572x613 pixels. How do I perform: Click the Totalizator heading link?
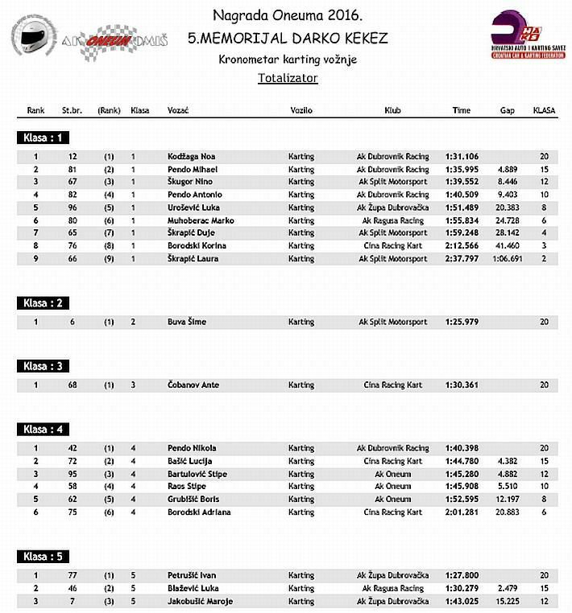(x=288, y=78)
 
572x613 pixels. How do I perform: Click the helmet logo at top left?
(x=33, y=37)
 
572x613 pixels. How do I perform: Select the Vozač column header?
(x=178, y=110)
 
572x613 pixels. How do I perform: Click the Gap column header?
(x=507, y=110)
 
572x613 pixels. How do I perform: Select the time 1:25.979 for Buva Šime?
(x=462, y=322)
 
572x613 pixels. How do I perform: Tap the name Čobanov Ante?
(x=193, y=385)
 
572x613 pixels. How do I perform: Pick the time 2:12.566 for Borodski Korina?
(x=462, y=246)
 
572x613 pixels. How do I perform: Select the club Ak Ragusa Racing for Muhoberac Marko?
(x=392, y=220)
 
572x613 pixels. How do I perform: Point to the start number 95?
(x=73, y=474)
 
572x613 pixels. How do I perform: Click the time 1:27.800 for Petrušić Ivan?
(x=462, y=576)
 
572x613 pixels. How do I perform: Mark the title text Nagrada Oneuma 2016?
(x=288, y=15)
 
